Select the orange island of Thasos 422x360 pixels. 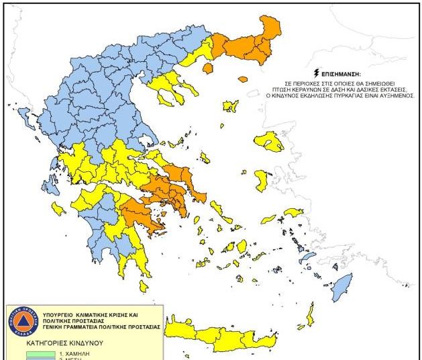(207, 67)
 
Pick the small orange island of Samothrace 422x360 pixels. (243, 79)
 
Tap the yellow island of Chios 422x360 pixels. (261, 180)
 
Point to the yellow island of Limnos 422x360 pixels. (230, 106)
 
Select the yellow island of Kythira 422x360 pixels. (143, 285)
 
